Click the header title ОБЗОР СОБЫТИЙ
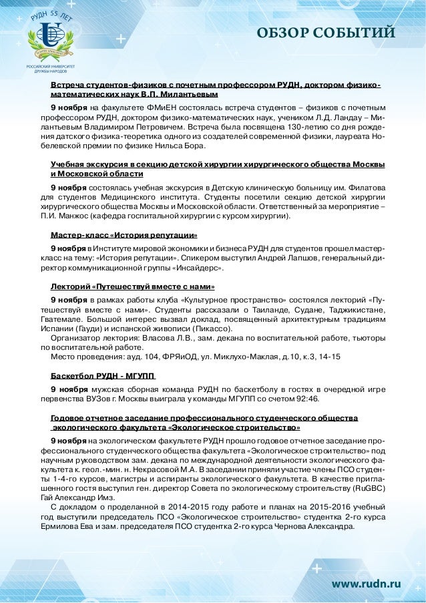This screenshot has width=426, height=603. [x=327, y=33]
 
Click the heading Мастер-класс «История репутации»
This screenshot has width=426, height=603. [x=124, y=235]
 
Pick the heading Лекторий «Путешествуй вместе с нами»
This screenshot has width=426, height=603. [x=133, y=286]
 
